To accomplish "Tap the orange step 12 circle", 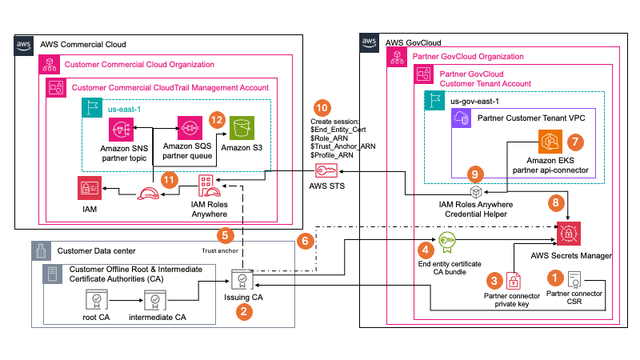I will [214, 118].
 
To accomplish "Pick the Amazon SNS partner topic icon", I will [123, 129].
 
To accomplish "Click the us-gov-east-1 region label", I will [479, 102].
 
